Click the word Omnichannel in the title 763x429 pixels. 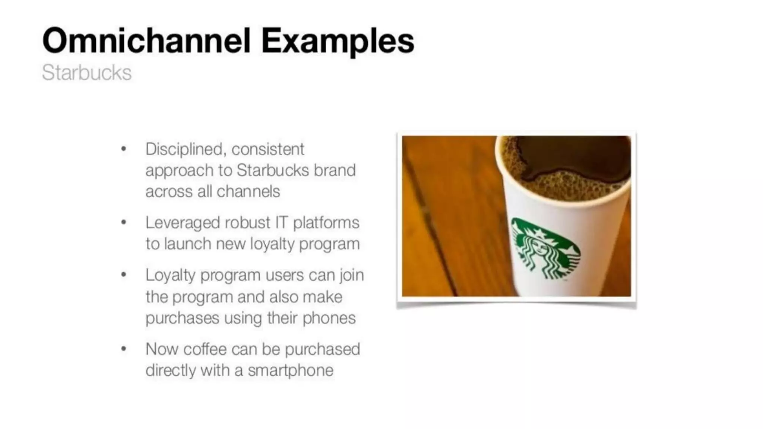pyautogui.click(x=146, y=41)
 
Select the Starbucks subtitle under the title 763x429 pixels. pyautogui.click(x=86, y=73)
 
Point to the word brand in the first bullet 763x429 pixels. pyautogui.click(x=335, y=170)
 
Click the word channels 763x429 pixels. pyautogui.click(x=248, y=191)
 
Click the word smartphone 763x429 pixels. pyautogui.click(x=291, y=371)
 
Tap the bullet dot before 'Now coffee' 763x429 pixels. pyautogui.click(x=124, y=349)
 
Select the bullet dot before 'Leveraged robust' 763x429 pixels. pyautogui.click(x=124, y=223)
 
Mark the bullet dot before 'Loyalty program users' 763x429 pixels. pyautogui.click(x=124, y=275)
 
